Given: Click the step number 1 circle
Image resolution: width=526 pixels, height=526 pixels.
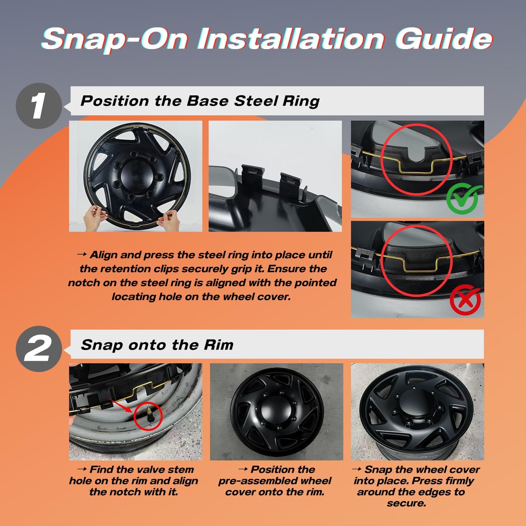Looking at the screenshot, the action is tap(39, 106).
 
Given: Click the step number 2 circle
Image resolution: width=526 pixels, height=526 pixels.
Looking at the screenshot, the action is tap(39, 349).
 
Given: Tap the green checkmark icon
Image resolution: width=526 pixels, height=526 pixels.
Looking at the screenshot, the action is tap(464, 198).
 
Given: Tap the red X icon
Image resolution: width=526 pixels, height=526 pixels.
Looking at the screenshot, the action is tap(465, 300).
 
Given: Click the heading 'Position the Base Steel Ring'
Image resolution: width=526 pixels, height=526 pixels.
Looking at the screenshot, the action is tap(200, 101).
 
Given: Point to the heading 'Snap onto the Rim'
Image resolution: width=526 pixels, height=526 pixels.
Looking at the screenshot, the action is tap(157, 345).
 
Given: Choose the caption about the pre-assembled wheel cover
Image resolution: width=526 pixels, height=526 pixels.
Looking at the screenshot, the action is tap(275, 480).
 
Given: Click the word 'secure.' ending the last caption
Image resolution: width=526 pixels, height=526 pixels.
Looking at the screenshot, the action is tap(407, 503).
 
